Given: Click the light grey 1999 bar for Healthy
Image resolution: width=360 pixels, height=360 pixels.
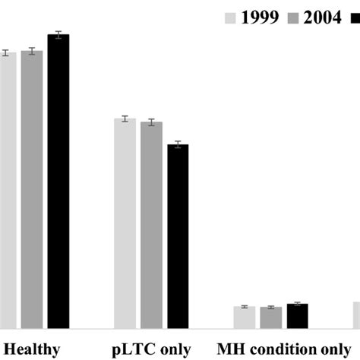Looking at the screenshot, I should (7, 190).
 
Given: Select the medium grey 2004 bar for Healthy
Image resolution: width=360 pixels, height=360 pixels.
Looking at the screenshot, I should (32, 190).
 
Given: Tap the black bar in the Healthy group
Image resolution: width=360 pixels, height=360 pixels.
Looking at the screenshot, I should (58, 182).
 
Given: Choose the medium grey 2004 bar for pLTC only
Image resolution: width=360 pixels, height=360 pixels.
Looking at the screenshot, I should (151, 225).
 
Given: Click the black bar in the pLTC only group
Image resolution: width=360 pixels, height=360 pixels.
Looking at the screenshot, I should (178, 236).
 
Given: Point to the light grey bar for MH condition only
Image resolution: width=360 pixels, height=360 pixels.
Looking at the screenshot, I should (245, 317).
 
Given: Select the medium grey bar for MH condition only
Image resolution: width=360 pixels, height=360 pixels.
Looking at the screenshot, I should (270, 318).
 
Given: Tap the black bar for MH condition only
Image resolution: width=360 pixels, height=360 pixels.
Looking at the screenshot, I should (297, 316).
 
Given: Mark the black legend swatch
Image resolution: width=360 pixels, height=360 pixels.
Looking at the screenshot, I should (354, 16).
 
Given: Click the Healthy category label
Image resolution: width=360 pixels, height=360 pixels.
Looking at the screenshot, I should (31, 349).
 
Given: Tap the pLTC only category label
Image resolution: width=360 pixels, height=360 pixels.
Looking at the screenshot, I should (151, 349).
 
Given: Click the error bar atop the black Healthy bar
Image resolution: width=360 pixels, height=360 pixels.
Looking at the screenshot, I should (58, 34).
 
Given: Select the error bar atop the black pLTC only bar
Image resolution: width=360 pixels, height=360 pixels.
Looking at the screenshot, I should (178, 144).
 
